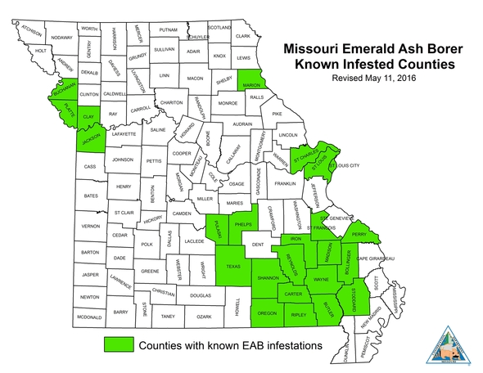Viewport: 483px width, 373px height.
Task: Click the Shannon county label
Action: click(269, 278)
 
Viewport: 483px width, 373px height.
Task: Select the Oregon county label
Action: click(267, 313)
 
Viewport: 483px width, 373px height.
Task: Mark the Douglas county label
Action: click(201, 294)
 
